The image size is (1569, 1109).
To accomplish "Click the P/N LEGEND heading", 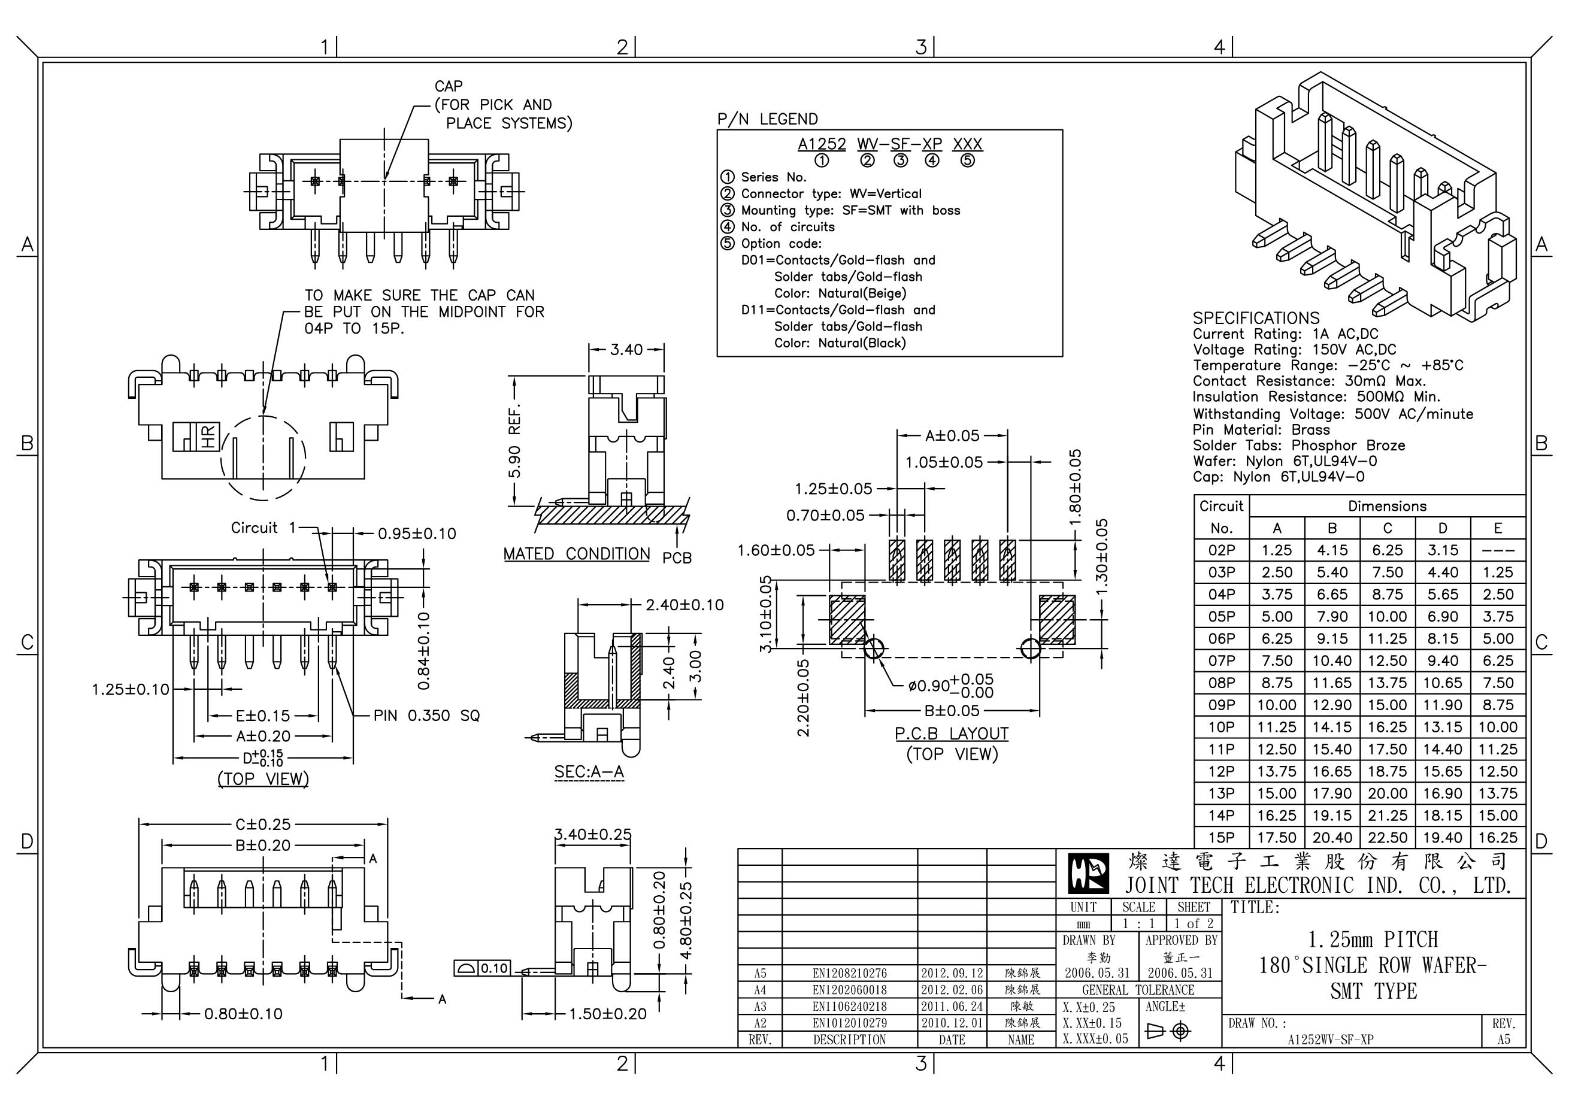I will (767, 119).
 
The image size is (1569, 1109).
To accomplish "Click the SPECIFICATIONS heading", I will (1256, 318).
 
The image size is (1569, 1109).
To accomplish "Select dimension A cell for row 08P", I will (1277, 683).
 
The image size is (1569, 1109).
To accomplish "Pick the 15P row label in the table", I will (1221, 838).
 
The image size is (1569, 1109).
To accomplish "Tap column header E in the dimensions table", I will (1497, 528).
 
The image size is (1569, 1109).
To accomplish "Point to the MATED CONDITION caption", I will (577, 553).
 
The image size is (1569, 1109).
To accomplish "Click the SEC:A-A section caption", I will (589, 771).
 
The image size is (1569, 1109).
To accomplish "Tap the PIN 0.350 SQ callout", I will (426, 716).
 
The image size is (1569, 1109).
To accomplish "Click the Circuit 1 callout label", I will (263, 528).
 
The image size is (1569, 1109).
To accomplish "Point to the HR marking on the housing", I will (208, 436).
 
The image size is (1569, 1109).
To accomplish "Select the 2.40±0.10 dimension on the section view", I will (684, 605).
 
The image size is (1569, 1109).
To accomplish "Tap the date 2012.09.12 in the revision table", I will (952, 973).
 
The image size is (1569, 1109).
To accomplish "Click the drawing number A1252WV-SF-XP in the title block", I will (1330, 1040).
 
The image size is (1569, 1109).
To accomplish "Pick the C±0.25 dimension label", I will (263, 824).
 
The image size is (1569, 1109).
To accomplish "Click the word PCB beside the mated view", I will (677, 558).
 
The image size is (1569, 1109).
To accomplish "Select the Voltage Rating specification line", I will (1294, 350).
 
